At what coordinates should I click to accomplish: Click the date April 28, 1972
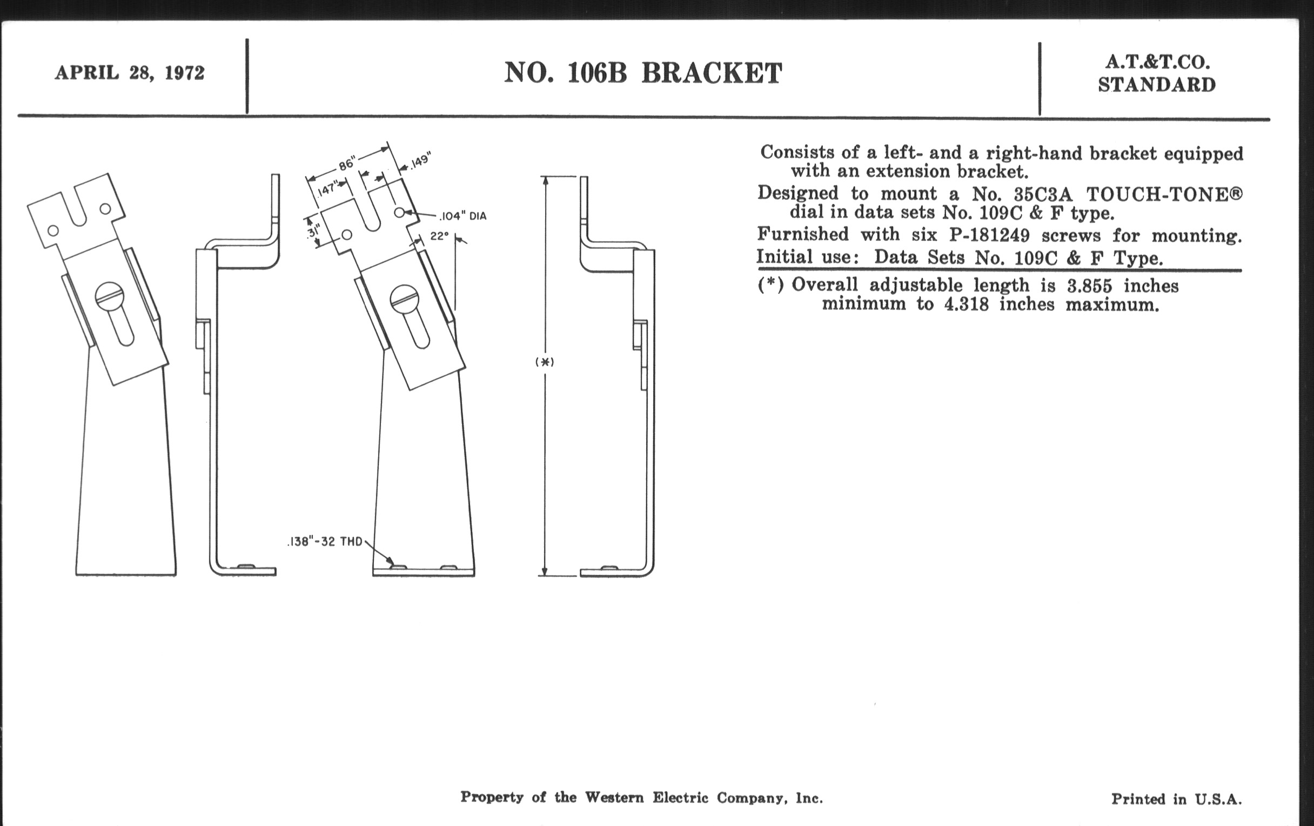[129, 73]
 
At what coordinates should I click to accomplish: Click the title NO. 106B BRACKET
[643, 73]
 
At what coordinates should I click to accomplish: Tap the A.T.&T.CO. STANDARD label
[1156, 74]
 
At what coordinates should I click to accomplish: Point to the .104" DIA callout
[462, 216]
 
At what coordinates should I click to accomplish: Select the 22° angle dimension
[439, 236]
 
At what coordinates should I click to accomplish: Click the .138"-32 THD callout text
[325, 542]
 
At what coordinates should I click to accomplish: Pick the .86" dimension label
[346, 163]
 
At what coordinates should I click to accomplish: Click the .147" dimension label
[327, 188]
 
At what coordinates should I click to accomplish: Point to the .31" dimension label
[313, 233]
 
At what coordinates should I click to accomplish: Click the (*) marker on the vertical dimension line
[545, 362]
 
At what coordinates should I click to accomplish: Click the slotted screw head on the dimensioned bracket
[404, 297]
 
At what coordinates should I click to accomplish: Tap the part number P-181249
[989, 235]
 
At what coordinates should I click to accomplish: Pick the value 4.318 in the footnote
[967, 304]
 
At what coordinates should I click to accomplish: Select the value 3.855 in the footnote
[1090, 286]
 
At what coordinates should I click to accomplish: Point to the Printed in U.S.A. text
[1176, 800]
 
